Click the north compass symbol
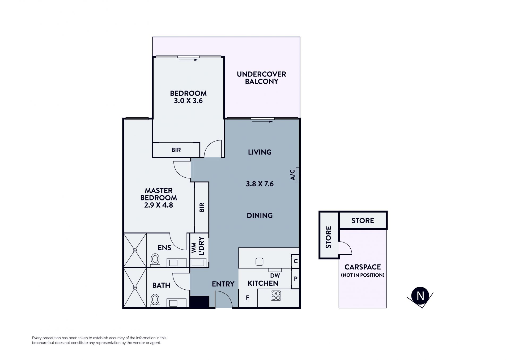click(420, 296)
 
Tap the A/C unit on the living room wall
click(297, 175)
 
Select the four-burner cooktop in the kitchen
click(276, 296)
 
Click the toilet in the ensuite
click(155, 259)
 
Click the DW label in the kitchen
click(275, 276)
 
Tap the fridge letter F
click(248, 298)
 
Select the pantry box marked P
click(295, 279)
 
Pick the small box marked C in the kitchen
click(295, 261)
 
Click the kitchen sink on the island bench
click(259, 262)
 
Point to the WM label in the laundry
click(194, 247)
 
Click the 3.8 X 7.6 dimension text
click(260, 184)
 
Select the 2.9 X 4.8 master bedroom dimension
click(159, 205)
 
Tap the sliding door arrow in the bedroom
click(189, 60)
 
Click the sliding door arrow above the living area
click(262, 122)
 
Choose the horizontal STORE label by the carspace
click(363, 221)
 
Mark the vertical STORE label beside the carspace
click(329, 237)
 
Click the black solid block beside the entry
click(199, 302)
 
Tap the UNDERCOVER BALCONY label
click(261, 78)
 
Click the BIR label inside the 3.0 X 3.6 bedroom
click(176, 150)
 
